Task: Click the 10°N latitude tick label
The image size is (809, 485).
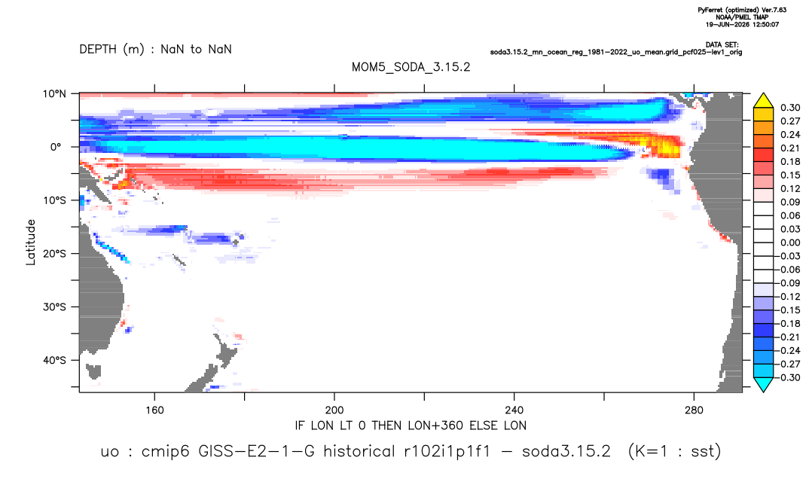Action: click(54, 94)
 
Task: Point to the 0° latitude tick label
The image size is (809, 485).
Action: click(56, 147)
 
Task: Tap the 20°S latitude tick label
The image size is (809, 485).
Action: click(54, 254)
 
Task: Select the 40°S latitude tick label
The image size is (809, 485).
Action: click(54, 360)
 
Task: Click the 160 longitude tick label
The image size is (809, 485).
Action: click(154, 410)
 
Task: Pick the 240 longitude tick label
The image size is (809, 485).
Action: click(514, 410)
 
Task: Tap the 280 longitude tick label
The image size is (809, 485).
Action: click(694, 410)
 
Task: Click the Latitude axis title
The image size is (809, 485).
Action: click(31, 242)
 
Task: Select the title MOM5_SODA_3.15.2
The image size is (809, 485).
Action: click(411, 68)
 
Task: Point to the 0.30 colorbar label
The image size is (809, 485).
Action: click(790, 108)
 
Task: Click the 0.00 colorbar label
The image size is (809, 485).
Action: click(790, 242)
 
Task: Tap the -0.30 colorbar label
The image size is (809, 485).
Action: click(788, 377)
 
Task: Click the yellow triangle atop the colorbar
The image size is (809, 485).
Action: click(763, 101)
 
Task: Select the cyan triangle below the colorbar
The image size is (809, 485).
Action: click(763, 384)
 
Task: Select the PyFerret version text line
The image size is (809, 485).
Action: click(742, 10)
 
